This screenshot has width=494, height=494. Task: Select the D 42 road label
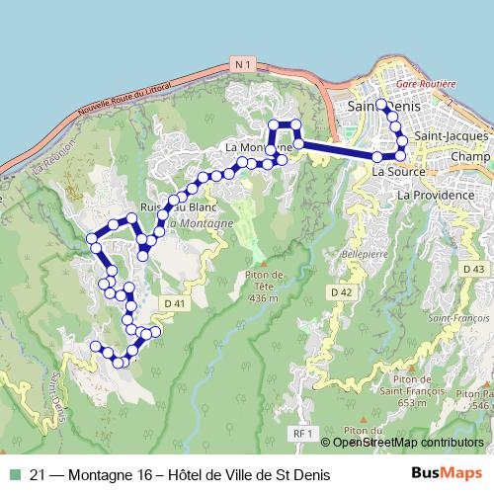click(x=342, y=291)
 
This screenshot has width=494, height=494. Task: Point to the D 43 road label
click(x=473, y=269)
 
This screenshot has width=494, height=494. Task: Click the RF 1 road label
click(x=303, y=433)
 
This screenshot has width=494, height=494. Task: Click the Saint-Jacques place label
click(x=450, y=135)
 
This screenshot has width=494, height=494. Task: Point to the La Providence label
click(x=435, y=196)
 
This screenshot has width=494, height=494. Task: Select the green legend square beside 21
click(x=14, y=475)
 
